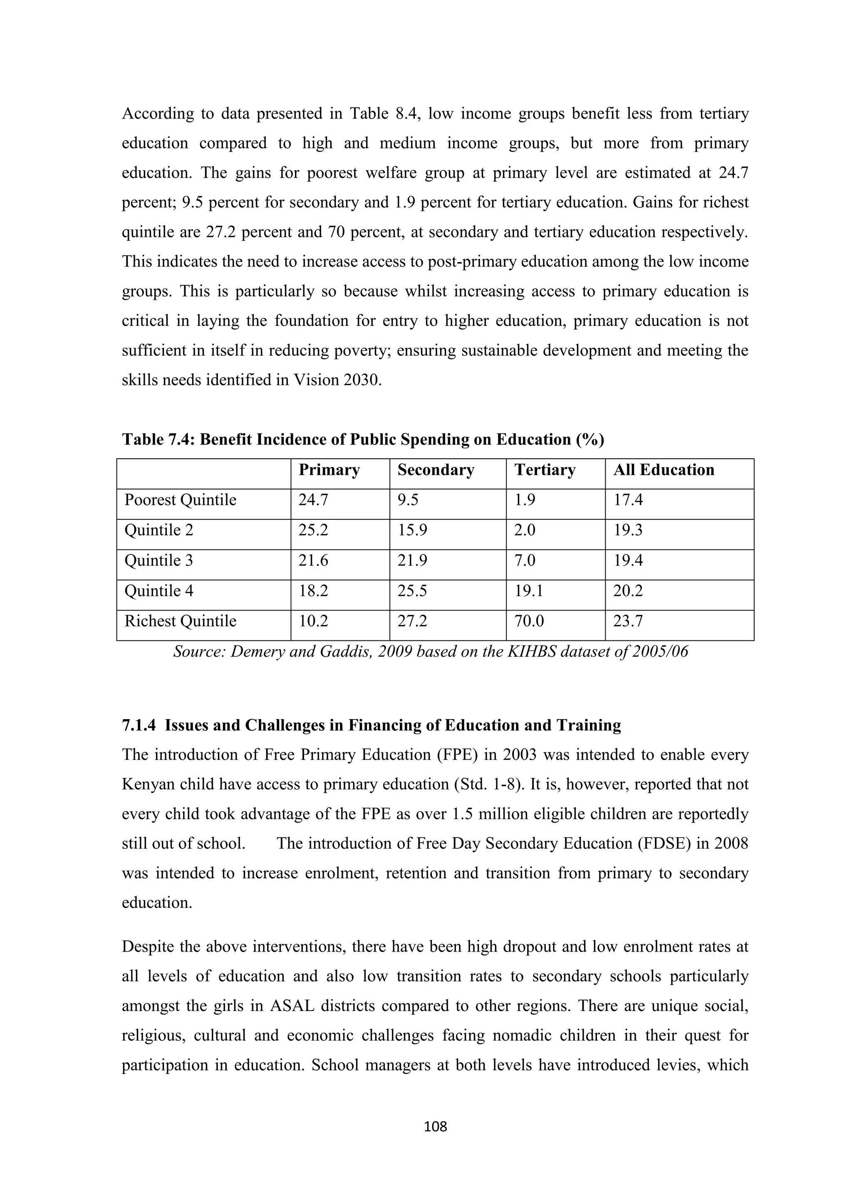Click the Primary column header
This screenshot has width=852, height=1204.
point(329,470)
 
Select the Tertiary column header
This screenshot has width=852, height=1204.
point(545,470)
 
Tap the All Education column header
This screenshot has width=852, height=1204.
point(664,470)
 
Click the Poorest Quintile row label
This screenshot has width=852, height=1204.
point(180,500)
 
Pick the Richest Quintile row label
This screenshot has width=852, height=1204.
point(180,621)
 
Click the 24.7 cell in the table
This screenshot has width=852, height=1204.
point(313,500)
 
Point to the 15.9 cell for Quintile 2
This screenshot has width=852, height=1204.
point(412,530)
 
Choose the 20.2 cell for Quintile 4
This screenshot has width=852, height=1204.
point(628,591)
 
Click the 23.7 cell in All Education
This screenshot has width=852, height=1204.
point(628,621)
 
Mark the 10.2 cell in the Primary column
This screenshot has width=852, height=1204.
point(313,621)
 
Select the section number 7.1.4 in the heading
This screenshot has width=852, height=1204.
point(139,725)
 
